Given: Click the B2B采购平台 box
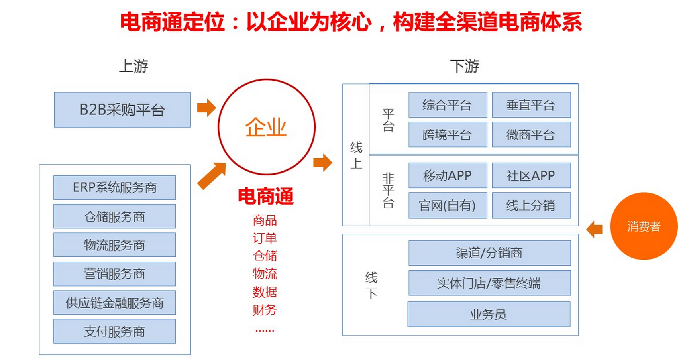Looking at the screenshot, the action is click(122, 110).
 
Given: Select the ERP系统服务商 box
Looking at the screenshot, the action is click(114, 187).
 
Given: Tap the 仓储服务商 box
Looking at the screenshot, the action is click(114, 216).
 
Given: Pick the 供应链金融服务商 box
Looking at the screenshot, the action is click(114, 303).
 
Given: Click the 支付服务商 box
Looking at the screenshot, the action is click(114, 331).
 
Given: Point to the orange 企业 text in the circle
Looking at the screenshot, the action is click(266, 128).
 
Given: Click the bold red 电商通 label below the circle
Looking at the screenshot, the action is click(266, 197).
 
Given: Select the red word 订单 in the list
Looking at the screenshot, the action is click(265, 238).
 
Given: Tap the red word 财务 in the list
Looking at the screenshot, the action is click(265, 310).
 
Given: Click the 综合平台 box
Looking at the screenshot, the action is click(448, 105).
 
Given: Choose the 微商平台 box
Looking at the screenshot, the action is click(531, 134).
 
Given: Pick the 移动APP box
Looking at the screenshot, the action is click(448, 175).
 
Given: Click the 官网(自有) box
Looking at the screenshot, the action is click(448, 205).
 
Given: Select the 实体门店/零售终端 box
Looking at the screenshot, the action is click(489, 283).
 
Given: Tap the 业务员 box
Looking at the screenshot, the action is click(489, 314).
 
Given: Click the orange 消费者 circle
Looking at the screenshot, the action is click(644, 226).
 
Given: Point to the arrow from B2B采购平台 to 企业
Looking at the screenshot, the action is click(206, 107).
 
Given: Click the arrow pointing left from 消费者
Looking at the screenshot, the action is click(594, 229).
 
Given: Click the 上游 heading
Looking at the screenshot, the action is click(134, 66).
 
